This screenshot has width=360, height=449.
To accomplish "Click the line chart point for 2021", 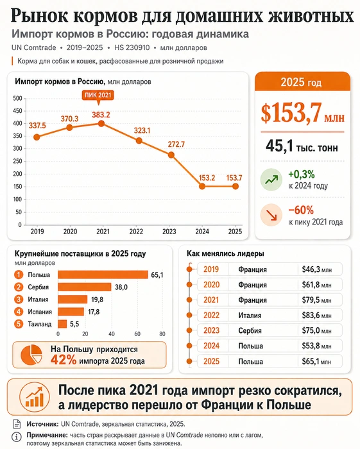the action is coord(101,124).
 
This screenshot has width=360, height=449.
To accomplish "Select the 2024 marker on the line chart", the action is coord(202,187).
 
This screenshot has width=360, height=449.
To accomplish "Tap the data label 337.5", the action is coord(37,126).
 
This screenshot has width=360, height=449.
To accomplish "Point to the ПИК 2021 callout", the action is coord(98,96).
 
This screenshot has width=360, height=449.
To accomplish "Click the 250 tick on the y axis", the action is coord(17,161).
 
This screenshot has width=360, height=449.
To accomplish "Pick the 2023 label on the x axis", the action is coord(169,232).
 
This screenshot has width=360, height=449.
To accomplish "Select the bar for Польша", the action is coord(103,275).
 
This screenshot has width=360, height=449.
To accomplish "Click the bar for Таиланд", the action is coord(62,324).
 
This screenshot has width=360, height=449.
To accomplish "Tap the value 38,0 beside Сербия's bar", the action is coord(121,287).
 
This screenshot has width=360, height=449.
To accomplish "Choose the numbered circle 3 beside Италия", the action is coord(19,300).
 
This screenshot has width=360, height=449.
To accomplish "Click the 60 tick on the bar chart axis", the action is coord(137,334).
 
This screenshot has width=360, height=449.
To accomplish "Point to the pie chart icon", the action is coord(31,355).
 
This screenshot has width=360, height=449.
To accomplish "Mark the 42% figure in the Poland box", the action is coord(64,360).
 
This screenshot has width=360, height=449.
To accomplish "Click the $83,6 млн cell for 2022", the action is coord(317,316).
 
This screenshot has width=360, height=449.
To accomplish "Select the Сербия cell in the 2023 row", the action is coord(250,331).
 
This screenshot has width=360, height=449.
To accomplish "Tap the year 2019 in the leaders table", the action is coord(211,269).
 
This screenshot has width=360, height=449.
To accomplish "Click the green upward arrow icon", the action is coord(271,180).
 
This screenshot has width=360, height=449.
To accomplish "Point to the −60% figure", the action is coord(301,210).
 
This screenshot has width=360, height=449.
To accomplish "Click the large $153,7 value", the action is coord(291,113).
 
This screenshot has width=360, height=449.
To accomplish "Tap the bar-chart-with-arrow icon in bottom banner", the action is coord(34,397).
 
